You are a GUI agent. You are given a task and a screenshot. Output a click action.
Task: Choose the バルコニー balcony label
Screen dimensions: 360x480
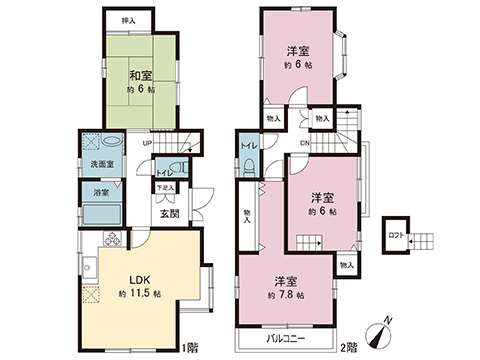point(285,338)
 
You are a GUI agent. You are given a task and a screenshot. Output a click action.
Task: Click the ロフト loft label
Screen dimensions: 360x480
point(396,236)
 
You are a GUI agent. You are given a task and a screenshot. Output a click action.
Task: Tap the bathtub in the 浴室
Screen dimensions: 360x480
point(101,213)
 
